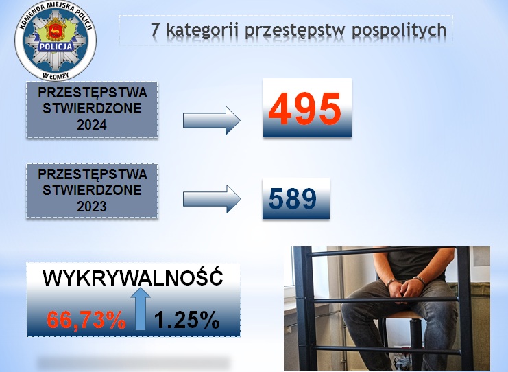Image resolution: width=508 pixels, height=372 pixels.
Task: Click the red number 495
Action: coord(305,108)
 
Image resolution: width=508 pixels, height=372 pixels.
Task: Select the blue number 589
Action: coord(293,198)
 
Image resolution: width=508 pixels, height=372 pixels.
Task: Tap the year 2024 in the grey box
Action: coord(92,125)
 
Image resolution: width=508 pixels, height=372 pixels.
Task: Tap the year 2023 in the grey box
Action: coord(92,207)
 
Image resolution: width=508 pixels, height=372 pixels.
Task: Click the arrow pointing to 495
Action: coord(212,121)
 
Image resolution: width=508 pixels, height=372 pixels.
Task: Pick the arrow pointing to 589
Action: coord(212,199)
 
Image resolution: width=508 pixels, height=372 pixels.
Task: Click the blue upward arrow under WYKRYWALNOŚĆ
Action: coord(141,308)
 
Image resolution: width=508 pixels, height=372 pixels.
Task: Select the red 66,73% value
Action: coord(86,320)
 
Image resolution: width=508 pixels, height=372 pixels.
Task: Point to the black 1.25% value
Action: coord(187,320)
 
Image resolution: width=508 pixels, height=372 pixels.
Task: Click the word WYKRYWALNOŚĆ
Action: coord(133,277)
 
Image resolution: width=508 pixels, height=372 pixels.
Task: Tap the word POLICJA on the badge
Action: coord(56,47)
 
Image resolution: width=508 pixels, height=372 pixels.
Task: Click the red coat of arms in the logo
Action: coord(56,30)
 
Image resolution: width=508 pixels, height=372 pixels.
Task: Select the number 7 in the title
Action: coord(156,30)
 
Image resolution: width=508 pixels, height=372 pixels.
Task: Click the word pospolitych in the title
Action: coord(399,31)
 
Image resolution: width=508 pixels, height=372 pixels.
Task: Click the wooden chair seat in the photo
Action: coord(401,314)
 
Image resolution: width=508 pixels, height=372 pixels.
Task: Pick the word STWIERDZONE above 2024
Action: coord(92,108)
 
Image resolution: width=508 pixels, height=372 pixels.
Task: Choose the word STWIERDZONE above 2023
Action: coord(92,190)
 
